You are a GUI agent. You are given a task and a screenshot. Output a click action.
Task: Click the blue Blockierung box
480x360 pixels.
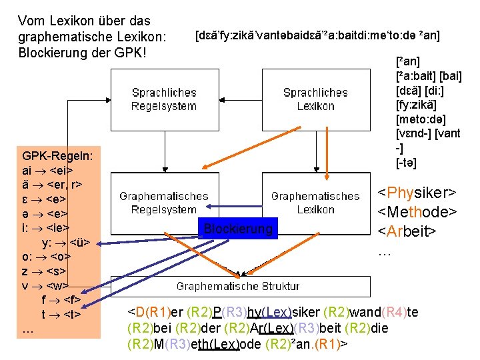pyautogui.click(x=238, y=229)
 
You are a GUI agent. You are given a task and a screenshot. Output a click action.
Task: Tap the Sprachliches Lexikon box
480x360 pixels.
pyautogui.click(x=315, y=99)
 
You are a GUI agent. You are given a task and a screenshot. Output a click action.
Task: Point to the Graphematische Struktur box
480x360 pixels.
pyautogui.click(x=238, y=286)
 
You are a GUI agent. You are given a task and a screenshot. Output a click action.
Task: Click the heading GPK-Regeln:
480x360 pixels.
pyautogui.click(x=57, y=155)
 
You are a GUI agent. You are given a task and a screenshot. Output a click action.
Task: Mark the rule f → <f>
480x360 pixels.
pyautogui.click(x=61, y=301)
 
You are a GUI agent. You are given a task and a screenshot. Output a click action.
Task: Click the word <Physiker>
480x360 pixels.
pyautogui.click(x=417, y=193)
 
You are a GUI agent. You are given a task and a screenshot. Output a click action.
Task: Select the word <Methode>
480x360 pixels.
pyautogui.click(x=417, y=212)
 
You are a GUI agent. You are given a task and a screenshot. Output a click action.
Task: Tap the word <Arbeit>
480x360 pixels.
pyautogui.click(x=407, y=231)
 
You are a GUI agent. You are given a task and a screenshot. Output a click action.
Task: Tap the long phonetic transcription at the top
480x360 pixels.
pyautogui.click(x=317, y=34)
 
